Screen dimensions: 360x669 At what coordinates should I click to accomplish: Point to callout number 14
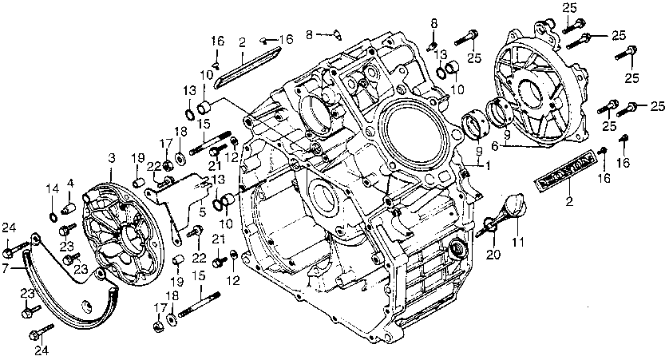coord(52,188)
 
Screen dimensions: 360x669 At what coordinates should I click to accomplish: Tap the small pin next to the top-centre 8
coord(335,33)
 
